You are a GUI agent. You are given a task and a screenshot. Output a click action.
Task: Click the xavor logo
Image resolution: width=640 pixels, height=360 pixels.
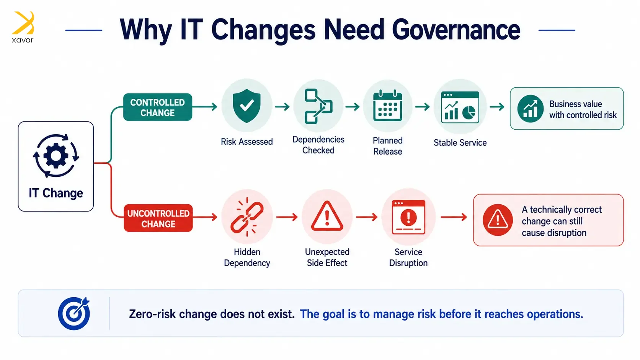pyautogui.click(x=23, y=27)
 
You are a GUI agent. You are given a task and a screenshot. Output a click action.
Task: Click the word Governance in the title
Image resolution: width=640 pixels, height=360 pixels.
pyautogui.click(x=456, y=30)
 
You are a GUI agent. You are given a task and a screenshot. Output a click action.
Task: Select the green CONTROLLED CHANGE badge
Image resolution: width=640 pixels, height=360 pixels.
pyautogui.click(x=158, y=107)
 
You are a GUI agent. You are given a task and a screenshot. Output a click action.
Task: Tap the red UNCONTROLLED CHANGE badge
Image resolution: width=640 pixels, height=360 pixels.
pyautogui.click(x=158, y=218)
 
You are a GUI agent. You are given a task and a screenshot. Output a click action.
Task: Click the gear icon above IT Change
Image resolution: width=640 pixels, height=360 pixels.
pyautogui.click(x=56, y=156)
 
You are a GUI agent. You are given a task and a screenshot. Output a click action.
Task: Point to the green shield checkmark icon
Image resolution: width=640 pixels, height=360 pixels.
pyautogui.click(x=247, y=106)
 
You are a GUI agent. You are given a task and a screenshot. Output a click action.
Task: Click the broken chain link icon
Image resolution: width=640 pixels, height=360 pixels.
pyautogui.click(x=247, y=217)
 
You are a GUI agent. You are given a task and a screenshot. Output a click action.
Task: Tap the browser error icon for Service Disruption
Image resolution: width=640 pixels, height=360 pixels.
pyautogui.click(x=408, y=217)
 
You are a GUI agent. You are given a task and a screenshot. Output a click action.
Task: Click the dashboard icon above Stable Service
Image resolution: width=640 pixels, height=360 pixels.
pyautogui.click(x=460, y=107)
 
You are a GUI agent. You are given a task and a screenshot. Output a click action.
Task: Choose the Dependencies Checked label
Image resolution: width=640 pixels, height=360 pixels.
pyautogui.click(x=318, y=145)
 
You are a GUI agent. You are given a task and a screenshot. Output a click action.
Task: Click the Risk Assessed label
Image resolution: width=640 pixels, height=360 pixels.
pyautogui.click(x=247, y=142)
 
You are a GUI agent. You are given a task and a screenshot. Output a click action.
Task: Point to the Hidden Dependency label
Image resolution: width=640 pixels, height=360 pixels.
pyautogui.click(x=247, y=257)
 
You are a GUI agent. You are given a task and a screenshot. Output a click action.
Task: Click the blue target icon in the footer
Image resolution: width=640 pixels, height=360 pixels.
pyautogui.click(x=74, y=313)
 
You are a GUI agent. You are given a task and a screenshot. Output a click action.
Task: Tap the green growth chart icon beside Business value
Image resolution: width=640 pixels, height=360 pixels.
pyautogui.click(x=530, y=109)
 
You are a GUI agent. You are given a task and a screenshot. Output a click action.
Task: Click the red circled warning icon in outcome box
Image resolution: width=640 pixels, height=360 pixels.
pyautogui.click(x=498, y=220)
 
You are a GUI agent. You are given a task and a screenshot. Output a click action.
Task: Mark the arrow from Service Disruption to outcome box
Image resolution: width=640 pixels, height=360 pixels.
pyautogui.click(x=454, y=217)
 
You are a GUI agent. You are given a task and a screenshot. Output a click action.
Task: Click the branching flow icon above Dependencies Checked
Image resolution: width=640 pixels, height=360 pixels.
pyautogui.click(x=318, y=106)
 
